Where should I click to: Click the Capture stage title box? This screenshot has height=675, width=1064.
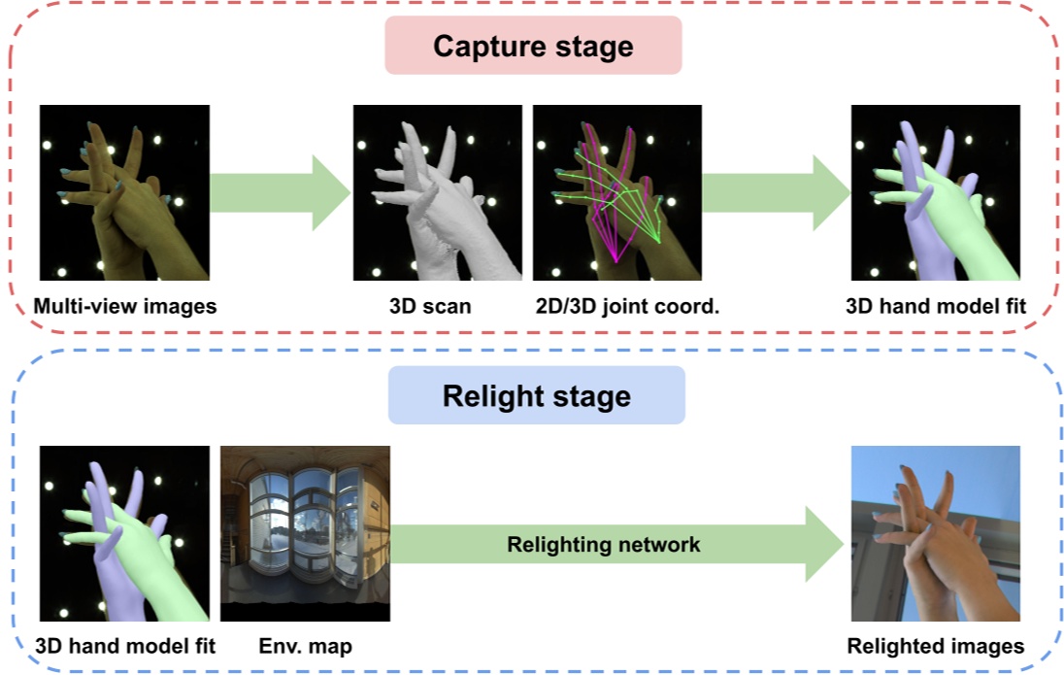533,47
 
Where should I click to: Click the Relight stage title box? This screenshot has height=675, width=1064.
536,395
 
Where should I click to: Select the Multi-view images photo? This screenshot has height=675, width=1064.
124,193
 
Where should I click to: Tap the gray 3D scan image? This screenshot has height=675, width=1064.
437,193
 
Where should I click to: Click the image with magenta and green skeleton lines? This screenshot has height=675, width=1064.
616,193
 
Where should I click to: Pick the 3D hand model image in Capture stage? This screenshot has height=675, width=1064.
935,193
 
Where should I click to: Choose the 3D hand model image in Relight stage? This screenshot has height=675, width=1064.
124,533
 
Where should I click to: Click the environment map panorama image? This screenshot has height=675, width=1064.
305,533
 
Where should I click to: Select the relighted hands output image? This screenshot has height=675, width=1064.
935,533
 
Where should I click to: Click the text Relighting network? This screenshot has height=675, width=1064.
603,545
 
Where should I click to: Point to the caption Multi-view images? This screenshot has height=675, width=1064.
124,307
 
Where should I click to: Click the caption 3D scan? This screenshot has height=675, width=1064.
430,307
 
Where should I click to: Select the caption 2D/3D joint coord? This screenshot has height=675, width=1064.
625,307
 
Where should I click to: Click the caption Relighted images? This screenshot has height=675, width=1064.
935,646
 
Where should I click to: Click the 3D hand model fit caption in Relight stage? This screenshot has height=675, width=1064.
124,646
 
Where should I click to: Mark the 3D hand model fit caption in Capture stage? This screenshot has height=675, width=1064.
935,307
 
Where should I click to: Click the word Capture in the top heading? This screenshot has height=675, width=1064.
482,47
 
